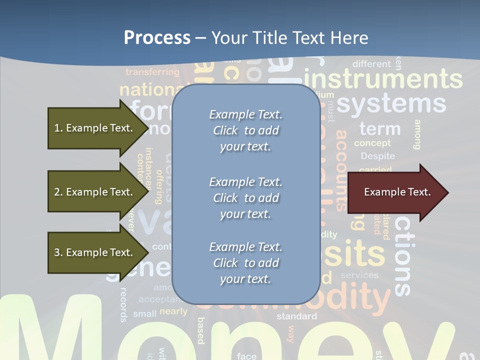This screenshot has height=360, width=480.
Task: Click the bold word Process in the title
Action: (x=157, y=38)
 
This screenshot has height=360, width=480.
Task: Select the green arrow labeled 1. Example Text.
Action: (x=94, y=128)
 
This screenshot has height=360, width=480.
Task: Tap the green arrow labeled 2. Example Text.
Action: (x=94, y=192)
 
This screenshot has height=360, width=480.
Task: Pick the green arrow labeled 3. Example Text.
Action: (x=94, y=252)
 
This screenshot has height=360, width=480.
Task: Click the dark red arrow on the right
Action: (x=397, y=192)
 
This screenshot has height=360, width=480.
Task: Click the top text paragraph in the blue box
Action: (x=245, y=130)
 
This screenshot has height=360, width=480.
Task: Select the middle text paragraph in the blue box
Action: (x=245, y=197)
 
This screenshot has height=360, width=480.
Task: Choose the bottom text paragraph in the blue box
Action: (x=245, y=263)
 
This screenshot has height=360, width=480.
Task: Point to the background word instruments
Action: (x=383, y=79)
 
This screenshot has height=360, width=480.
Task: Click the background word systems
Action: (x=391, y=103)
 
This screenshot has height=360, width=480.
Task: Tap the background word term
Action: (x=380, y=128)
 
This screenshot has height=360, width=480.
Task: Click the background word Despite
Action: (x=377, y=156)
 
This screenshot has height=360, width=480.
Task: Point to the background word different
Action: (x=371, y=64)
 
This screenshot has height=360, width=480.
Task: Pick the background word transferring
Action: (x=152, y=72)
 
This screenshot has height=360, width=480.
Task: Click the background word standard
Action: (x=296, y=316)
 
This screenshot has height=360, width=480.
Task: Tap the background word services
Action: (x=359, y=275)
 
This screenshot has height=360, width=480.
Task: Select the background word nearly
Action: (x=173, y=311)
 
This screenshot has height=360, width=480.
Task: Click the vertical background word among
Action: (x=417, y=134)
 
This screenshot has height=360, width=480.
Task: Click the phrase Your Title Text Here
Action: (x=289, y=38)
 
